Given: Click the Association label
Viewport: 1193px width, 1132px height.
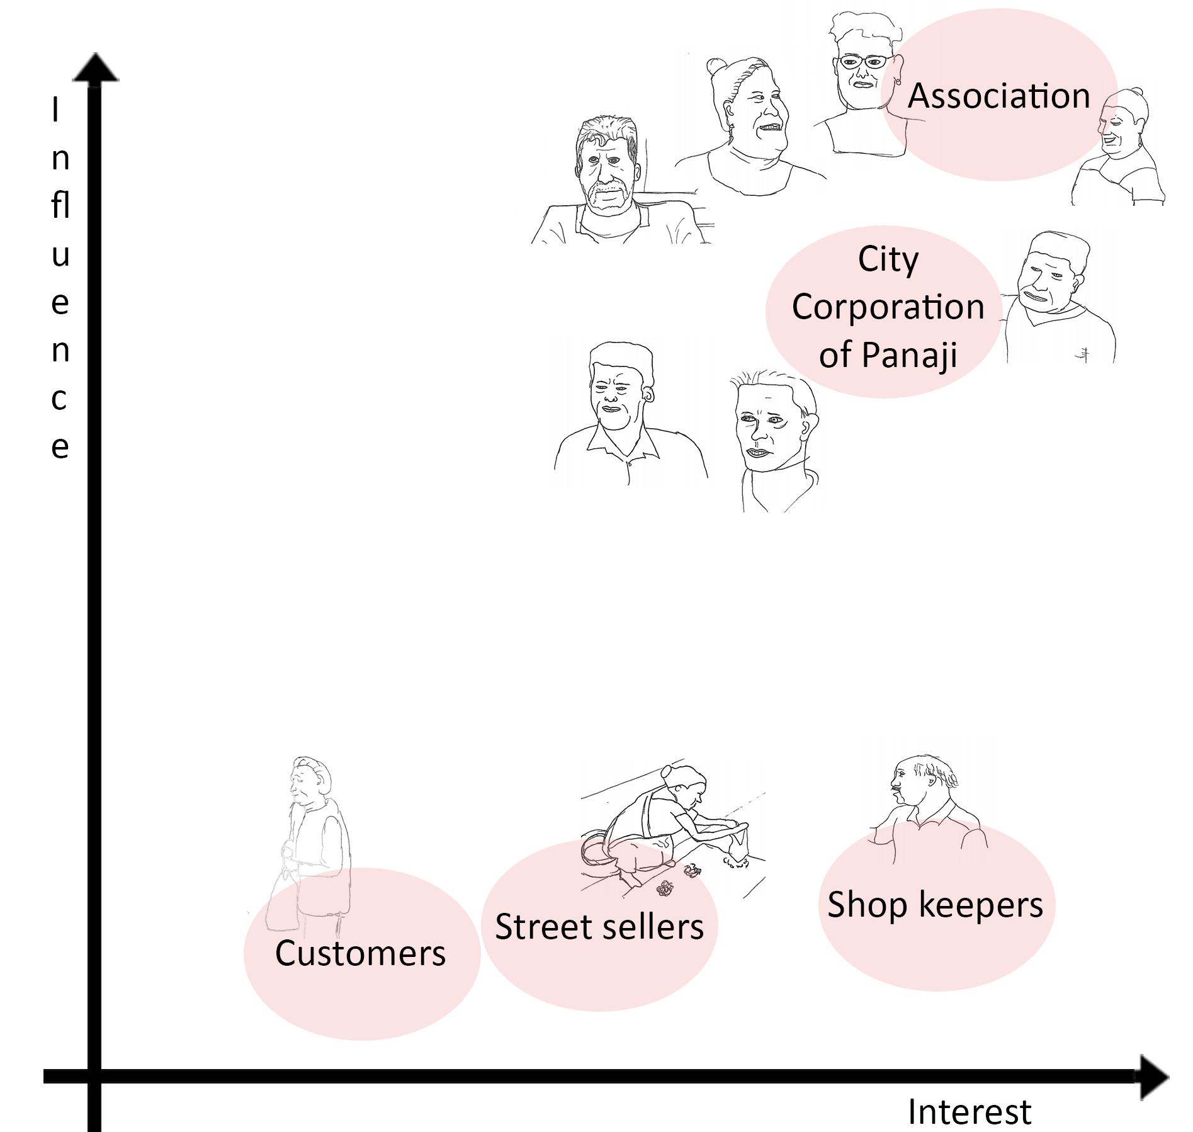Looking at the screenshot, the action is coord(998,96).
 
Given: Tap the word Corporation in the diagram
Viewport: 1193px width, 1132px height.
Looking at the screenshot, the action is coord(888,307).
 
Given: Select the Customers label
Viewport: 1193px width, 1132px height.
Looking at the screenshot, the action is coord(360,953).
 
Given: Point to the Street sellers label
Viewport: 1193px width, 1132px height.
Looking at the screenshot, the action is coord(599,927).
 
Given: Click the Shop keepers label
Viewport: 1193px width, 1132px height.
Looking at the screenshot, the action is coord(935,905).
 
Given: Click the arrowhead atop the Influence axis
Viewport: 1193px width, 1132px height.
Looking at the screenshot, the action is coord(95,68).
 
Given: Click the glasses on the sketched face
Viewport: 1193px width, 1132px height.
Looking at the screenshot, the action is coord(863,62).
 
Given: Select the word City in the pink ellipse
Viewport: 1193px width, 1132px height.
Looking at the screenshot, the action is coord(888,259).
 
